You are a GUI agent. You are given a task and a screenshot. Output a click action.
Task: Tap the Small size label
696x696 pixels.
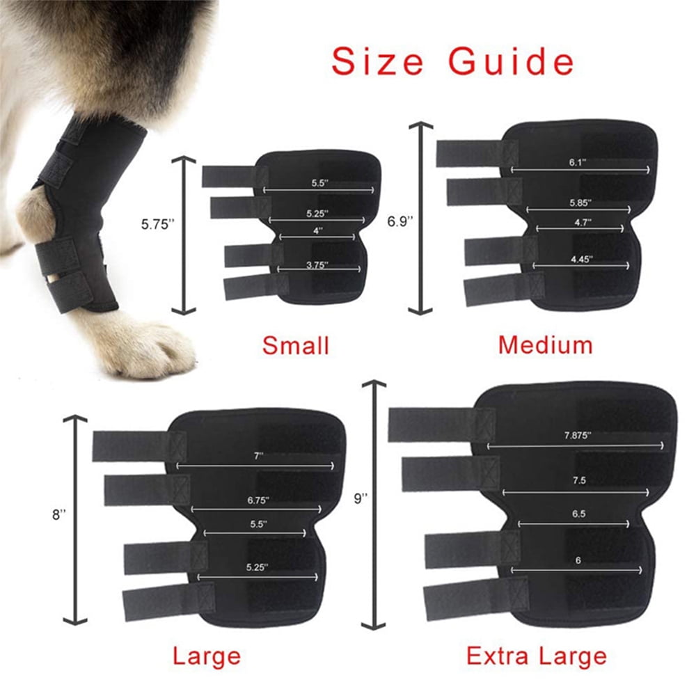295,345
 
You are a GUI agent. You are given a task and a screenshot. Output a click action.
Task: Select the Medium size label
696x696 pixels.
545,344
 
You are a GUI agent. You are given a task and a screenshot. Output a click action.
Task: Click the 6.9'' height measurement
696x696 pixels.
400,221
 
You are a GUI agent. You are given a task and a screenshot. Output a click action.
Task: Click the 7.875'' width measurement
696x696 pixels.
577,435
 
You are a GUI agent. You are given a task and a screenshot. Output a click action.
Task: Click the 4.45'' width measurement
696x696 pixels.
580,258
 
